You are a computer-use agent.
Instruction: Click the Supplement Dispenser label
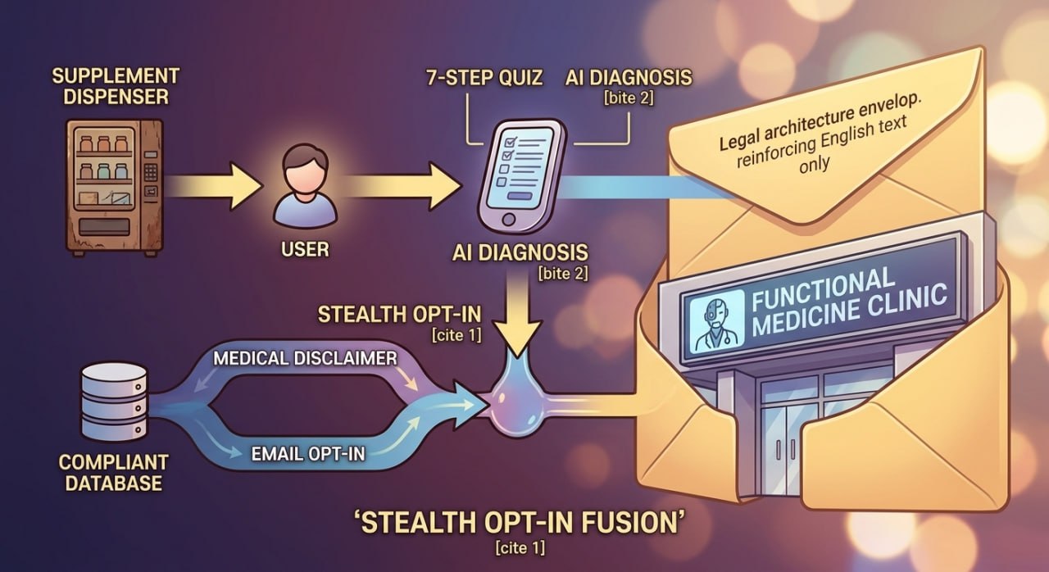(116, 87)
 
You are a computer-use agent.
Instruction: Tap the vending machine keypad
(150, 172)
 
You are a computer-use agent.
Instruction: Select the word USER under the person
(305, 249)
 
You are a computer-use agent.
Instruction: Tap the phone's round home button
(509, 219)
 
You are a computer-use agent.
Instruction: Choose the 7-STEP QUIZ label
(484, 78)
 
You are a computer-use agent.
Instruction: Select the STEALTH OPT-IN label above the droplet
(399, 314)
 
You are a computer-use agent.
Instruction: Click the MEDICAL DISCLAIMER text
(306, 359)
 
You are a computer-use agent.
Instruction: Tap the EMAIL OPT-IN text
(308, 453)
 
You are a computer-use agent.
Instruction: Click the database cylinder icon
(114, 402)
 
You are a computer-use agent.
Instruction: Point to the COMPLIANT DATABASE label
(113, 473)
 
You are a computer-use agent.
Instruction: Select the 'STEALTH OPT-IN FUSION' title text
(520, 522)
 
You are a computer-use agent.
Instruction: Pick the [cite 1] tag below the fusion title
(520, 547)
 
